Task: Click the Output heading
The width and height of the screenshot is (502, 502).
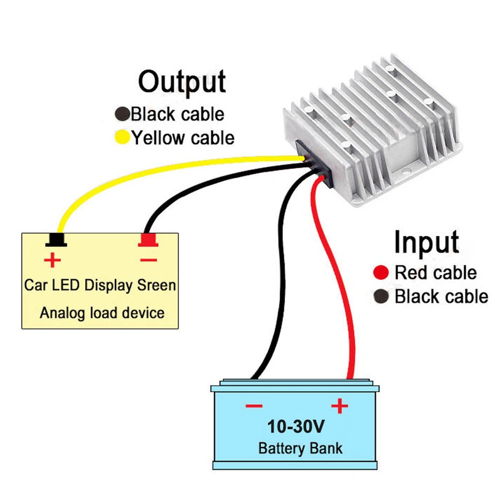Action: coord(182,83)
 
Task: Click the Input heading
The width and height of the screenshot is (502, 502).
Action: coord(426,242)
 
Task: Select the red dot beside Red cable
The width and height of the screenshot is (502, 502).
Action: coord(380,273)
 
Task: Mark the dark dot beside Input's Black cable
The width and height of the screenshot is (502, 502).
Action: coord(380,296)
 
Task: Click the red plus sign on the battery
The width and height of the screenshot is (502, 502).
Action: coord(339,406)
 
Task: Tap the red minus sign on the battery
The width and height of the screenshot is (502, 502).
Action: coord(254,406)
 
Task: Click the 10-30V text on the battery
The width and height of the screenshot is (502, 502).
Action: coord(296,427)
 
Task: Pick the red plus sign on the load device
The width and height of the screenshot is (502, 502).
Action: coord(52,259)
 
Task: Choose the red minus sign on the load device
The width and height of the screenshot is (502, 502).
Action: coord(148,259)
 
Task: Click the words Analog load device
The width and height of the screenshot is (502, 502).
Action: coord(102,312)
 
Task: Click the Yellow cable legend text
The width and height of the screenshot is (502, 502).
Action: coord(183,137)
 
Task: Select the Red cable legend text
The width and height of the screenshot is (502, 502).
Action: coord(435,273)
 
